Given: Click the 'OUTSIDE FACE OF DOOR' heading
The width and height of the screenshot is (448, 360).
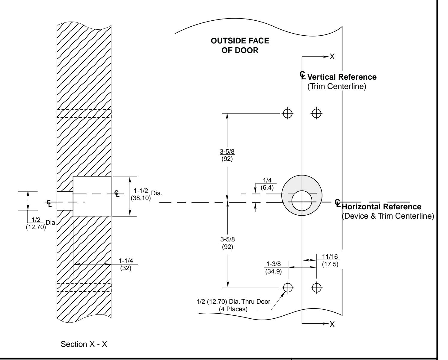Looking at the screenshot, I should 236,46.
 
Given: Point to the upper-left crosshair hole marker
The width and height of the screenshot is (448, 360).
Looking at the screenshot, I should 288,113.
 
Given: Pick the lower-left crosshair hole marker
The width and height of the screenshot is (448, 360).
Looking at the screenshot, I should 288,288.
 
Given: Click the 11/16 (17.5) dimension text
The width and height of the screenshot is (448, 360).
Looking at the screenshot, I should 330,261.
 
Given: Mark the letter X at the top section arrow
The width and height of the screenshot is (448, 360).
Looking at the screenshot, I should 332,57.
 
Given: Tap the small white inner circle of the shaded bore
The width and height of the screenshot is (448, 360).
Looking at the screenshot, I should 301,201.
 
